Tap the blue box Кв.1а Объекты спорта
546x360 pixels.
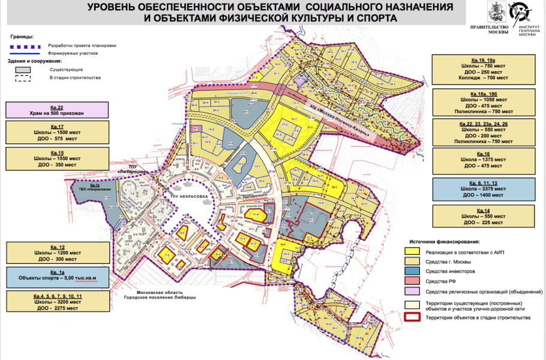[58, 278]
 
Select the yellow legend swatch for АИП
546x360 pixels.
[412, 252]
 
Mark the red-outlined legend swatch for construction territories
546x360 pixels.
[412, 317]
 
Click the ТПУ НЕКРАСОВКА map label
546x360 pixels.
[185, 196]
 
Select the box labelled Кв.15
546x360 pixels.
[58, 158]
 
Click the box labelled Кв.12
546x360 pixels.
[58, 253]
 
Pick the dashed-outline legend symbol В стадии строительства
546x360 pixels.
[23, 78]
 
